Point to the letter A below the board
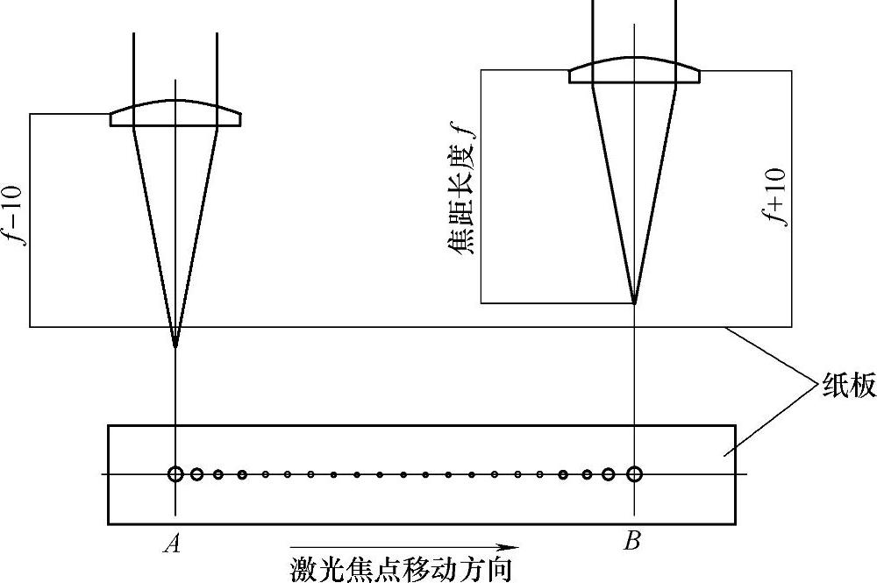[x=172, y=544]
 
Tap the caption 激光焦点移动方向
[x=400, y=569]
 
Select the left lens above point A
[x=175, y=116]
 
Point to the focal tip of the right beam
[x=634, y=302]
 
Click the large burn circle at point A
[x=175, y=474]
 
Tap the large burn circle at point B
[x=634, y=474]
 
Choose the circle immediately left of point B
[x=609, y=474]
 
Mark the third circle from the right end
[x=587, y=474]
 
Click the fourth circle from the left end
[x=242, y=474]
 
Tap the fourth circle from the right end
[x=564, y=474]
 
